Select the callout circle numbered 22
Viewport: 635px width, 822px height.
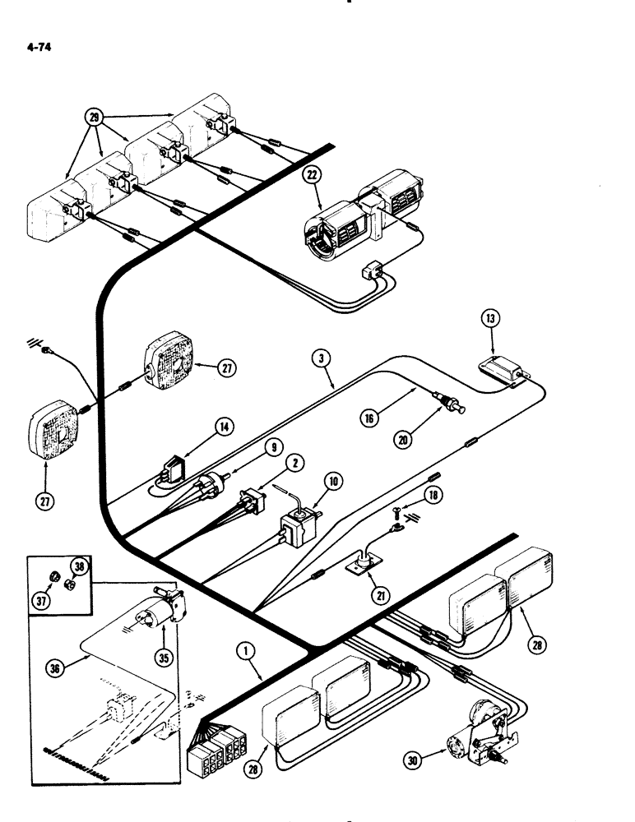tap(311, 173)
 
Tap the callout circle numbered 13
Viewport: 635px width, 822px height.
tap(488, 319)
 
